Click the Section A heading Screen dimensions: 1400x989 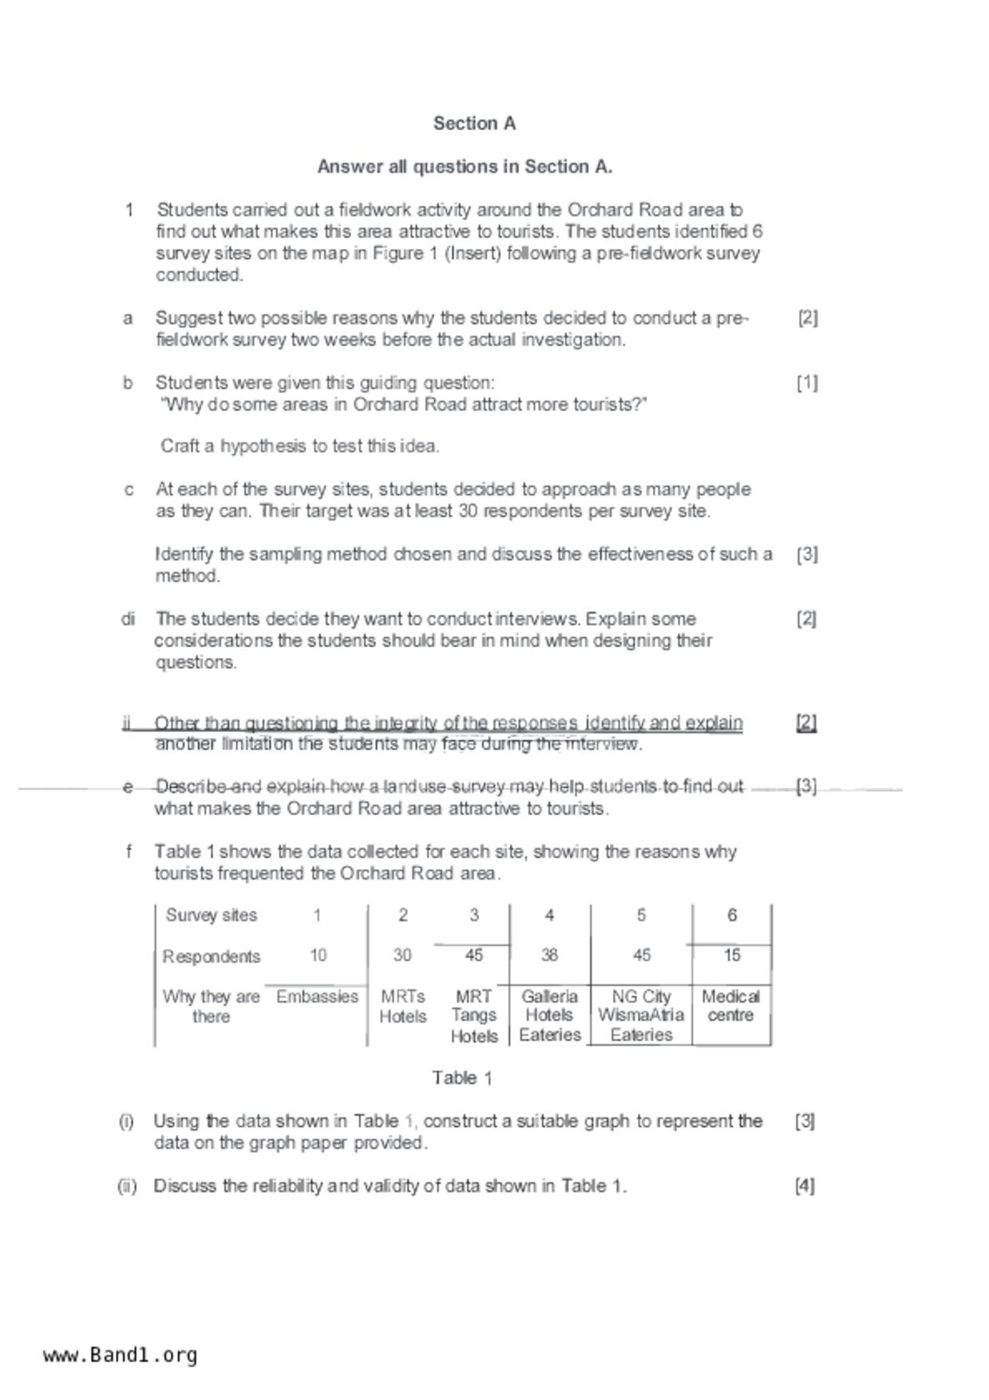pyautogui.click(x=474, y=124)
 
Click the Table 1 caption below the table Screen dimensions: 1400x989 pyautogui.click(x=462, y=1078)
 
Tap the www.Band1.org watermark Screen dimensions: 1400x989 pyautogui.click(x=121, y=1355)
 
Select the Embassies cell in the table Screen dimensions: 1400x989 pyautogui.click(x=317, y=997)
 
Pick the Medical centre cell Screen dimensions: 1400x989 pyautogui.click(x=730, y=1006)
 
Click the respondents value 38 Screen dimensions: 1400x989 pyautogui.click(x=549, y=955)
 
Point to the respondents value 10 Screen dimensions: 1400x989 pyautogui.click(x=318, y=955)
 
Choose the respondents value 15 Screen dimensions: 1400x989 pyautogui.click(x=731, y=955)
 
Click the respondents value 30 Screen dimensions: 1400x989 pyautogui.click(x=403, y=955)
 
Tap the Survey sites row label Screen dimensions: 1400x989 pyautogui.click(x=212, y=916)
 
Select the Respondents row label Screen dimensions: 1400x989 pyautogui.click(x=212, y=956)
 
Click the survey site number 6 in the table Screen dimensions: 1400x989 pyautogui.click(x=731, y=916)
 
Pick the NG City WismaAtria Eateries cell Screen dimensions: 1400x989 pyautogui.click(x=641, y=1015)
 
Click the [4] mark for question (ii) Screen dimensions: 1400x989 pyautogui.click(x=805, y=1186)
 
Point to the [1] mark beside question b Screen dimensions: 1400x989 pyautogui.click(x=807, y=383)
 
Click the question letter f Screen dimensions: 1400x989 pyautogui.click(x=129, y=852)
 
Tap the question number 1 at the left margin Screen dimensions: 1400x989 pyautogui.click(x=129, y=210)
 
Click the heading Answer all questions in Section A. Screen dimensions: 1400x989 pyautogui.click(x=465, y=167)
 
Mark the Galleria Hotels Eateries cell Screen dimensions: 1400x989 pyautogui.click(x=549, y=1015)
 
